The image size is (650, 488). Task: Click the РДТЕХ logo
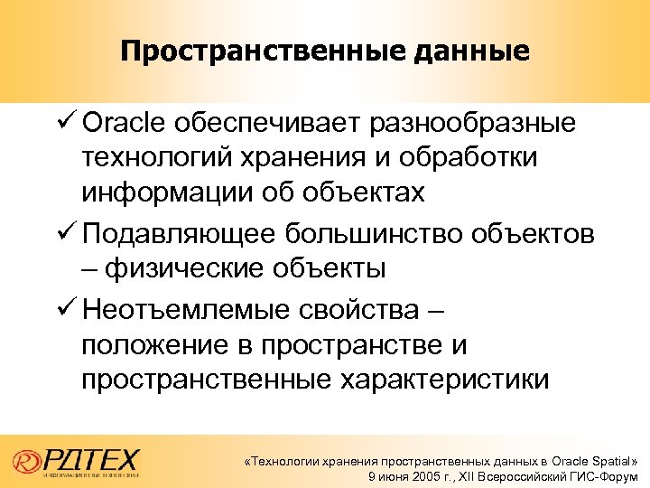point(82,457)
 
